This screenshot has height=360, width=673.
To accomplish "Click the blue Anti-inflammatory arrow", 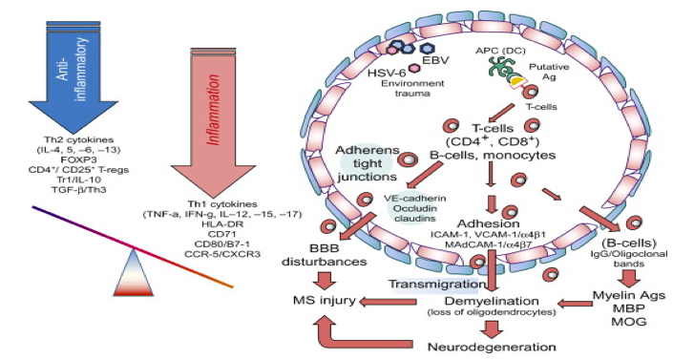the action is click(65, 77).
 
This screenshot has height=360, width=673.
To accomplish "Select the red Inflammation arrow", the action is click(207, 120).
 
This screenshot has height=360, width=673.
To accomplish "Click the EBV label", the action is click(434, 60).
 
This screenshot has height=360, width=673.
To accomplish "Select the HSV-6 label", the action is click(387, 73).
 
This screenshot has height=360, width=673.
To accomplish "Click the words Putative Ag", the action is click(549, 73).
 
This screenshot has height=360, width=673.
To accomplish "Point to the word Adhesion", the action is click(489, 223).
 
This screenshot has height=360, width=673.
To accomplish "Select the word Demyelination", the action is click(492, 301).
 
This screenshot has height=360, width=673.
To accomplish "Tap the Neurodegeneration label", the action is click(492, 347).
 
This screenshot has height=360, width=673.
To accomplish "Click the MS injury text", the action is click(325, 300).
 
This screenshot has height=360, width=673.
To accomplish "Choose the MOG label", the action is click(629, 321).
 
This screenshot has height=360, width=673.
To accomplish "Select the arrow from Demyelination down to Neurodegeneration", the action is click(492, 329).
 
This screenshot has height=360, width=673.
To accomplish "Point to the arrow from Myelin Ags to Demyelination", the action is click(574, 303).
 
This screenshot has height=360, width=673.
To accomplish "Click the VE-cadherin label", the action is click(414, 199).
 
